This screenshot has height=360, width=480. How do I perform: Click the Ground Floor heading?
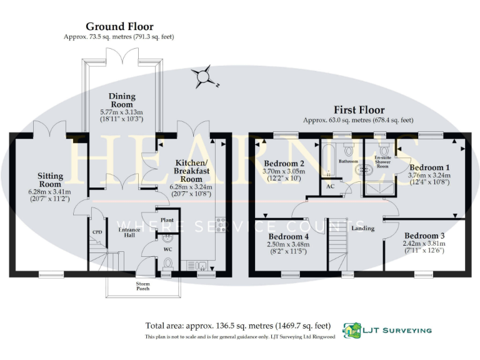[119, 27]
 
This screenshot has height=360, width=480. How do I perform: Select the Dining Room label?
[122, 100]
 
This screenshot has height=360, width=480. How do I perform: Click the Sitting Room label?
[49, 180]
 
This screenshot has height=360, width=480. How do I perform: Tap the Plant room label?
[167, 220]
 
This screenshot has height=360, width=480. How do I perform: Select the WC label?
[167, 250]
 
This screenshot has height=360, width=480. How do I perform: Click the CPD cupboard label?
[97, 232]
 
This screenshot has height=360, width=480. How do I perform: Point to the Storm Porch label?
[144, 286]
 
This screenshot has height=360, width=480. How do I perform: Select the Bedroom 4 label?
[287, 237]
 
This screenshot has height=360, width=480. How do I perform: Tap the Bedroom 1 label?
[429, 167]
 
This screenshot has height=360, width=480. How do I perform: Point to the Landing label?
[363, 228]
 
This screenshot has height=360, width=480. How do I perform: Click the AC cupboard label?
[331, 187]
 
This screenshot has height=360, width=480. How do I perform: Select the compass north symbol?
[204, 78]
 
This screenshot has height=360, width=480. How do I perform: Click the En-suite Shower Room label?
[382, 161]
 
